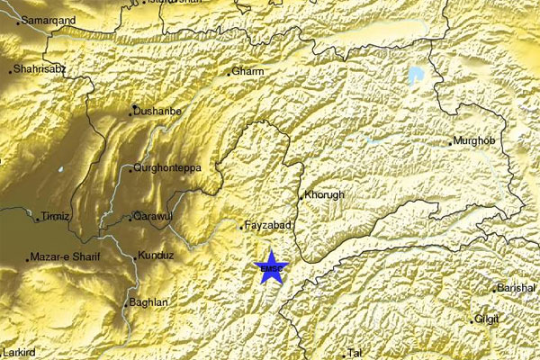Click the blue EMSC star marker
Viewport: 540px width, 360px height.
(x=269, y=267)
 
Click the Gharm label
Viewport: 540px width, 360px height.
(x=246, y=71)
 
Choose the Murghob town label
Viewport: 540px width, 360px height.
(x=475, y=141)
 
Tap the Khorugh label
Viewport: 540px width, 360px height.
(x=324, y=194)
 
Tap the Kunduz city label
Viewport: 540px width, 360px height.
(x=156, y=256)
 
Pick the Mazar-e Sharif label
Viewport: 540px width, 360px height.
(x=65, y=257)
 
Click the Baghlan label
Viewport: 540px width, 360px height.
(x=148, y=303)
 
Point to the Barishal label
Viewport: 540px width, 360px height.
(x=517, y=288)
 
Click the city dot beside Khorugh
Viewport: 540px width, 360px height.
(x=301, y=196)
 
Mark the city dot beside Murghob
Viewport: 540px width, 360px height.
(x=452, y=142)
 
